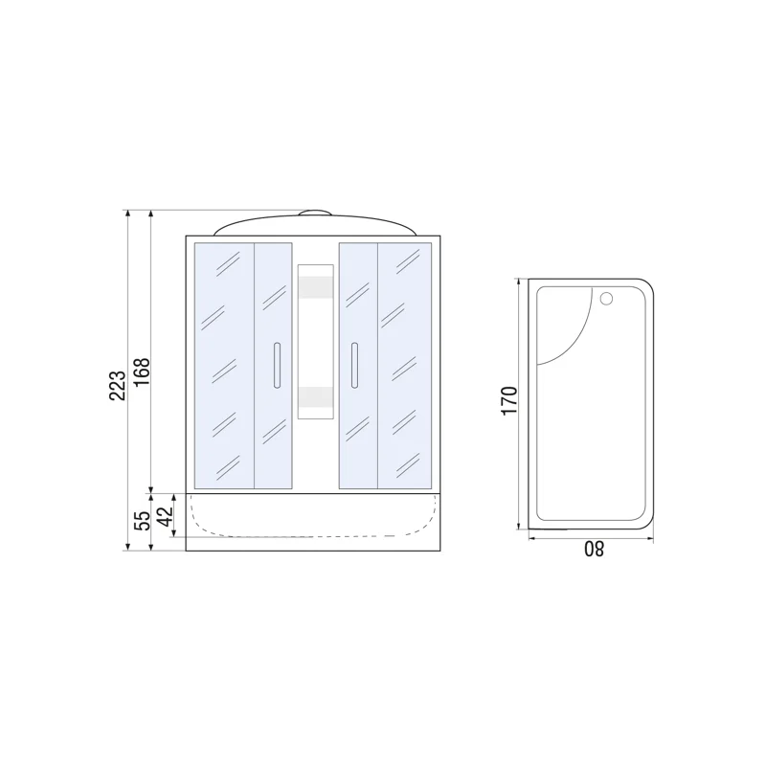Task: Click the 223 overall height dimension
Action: click(117, 386)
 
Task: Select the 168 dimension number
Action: click(142, 372)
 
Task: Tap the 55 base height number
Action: click(142, 521)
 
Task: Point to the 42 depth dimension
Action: click(166, 516)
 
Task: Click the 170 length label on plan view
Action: click(509, 400)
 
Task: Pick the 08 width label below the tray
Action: click(594, 549)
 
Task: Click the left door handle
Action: click(277, 366)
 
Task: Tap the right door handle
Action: click(354, 366)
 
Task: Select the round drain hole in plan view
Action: click(606, 298)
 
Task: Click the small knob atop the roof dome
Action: click(315, 213)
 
